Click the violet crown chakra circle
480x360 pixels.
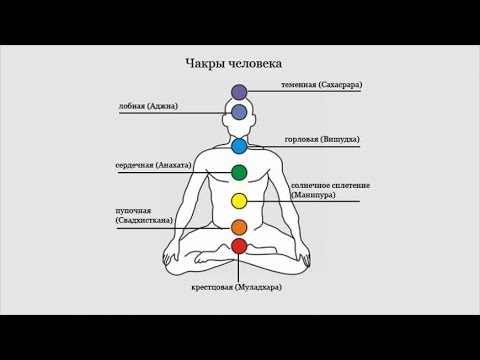point(239,93)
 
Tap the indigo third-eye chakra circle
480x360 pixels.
point(239,111)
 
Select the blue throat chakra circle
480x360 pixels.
point(239,147)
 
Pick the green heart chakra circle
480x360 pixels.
point(239,173)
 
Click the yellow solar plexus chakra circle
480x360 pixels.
point(239,201)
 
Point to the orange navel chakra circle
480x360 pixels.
point(239,227)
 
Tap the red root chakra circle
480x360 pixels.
point(239,245)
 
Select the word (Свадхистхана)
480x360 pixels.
point(144,220)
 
